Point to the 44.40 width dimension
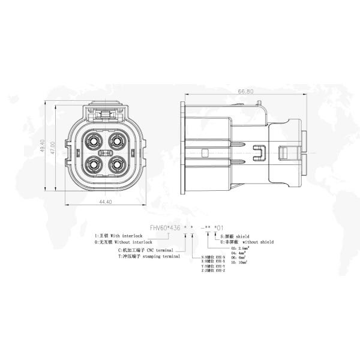click(105, 202)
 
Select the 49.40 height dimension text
click(43, 147)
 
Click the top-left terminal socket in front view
click(95, 142)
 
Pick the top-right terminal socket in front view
click(116, 142)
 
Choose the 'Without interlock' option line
click(124, 242)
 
